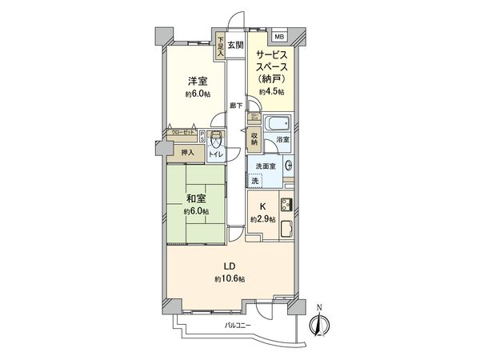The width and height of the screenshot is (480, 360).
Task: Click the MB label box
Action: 279,37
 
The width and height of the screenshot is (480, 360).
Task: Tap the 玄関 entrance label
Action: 235,45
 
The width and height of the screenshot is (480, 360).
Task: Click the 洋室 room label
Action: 198,81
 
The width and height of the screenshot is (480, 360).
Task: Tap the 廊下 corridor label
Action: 236,105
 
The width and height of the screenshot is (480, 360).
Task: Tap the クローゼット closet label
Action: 182,133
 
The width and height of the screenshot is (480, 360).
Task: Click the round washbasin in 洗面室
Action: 288,166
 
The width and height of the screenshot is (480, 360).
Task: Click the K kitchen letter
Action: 263,206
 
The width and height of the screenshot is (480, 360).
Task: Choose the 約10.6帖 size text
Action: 230,278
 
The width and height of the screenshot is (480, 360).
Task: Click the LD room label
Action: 229,266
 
